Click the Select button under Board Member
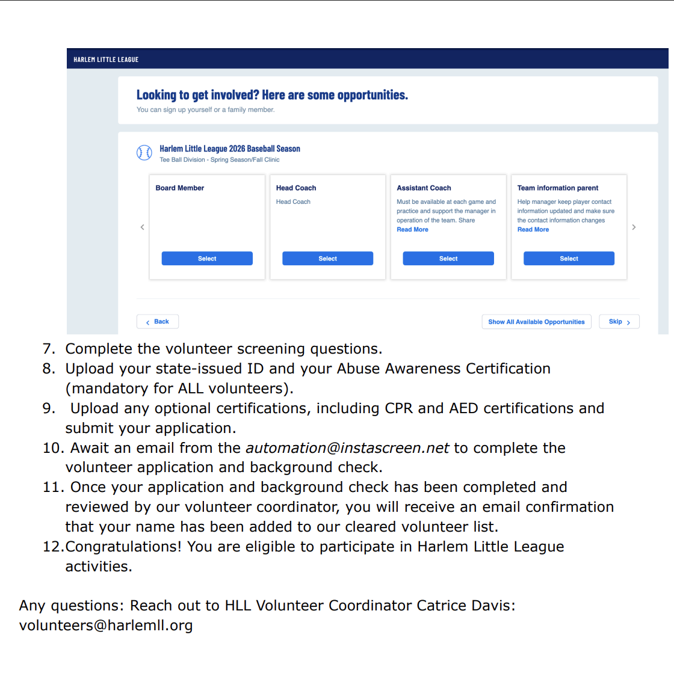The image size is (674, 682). tap(207, 259)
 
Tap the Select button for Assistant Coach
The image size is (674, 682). tap(448, 259)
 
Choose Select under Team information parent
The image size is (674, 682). tap(569, 259)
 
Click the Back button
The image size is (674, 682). tap(158, 322)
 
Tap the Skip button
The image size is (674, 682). tap(619, 322)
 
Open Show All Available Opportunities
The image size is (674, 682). tap(536, 322)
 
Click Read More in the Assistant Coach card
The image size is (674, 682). tap(412, 230)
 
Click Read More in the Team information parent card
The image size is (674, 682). tap(533, 230)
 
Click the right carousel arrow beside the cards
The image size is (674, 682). tap(634, 227)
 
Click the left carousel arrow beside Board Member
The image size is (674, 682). tap(142, 227)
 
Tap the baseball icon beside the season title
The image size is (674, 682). tap(144, 153)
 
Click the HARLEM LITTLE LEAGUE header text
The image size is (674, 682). tap(106, 60)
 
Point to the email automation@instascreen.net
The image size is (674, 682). tap(347, 448)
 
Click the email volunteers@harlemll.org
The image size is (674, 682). tap(106, 625)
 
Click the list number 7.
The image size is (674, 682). tap(48, 349)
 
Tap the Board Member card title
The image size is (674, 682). tap(180, 188)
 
